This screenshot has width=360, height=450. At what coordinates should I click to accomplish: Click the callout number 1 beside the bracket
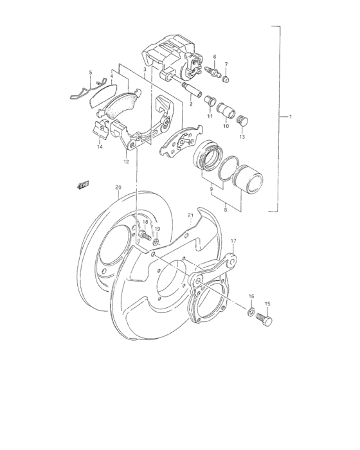290,116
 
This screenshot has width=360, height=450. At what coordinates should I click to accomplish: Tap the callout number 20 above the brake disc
118,188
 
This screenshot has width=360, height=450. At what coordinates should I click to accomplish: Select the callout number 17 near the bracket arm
233,241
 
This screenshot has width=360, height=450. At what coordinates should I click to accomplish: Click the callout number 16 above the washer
251,296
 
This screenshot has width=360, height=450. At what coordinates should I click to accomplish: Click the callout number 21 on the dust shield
190,215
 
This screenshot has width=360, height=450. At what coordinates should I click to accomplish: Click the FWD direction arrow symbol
82,185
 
